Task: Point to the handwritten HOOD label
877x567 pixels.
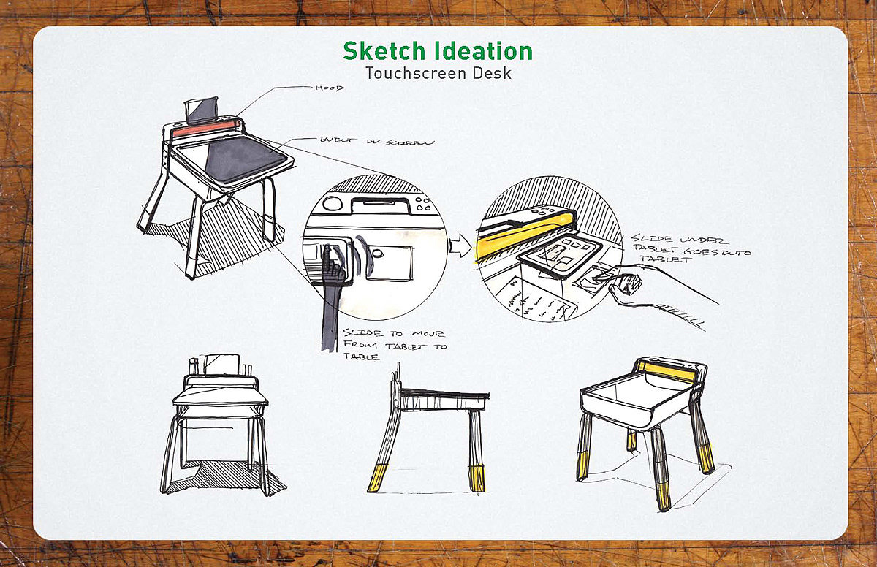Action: point(330,88)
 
